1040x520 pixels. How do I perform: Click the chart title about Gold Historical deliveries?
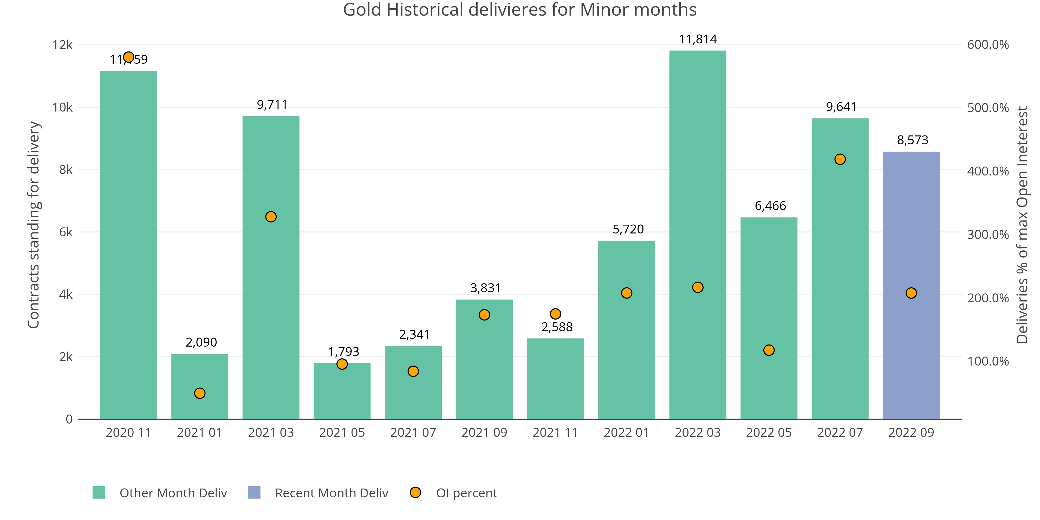(519, 10)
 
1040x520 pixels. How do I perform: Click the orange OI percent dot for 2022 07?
(840, 159)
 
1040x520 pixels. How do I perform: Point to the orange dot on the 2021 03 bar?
(271, 217)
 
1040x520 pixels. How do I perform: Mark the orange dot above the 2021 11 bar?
(556, 314)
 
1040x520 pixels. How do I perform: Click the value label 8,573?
(912, 140)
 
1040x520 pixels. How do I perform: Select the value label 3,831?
(485, 288)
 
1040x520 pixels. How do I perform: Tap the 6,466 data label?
(770, 206)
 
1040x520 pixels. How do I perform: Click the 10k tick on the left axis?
(63, 107)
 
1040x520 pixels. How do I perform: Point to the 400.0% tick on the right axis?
(987, 171)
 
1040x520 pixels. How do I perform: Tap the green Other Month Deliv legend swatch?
(99, 492)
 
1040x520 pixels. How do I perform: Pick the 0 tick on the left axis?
(69, 419)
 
